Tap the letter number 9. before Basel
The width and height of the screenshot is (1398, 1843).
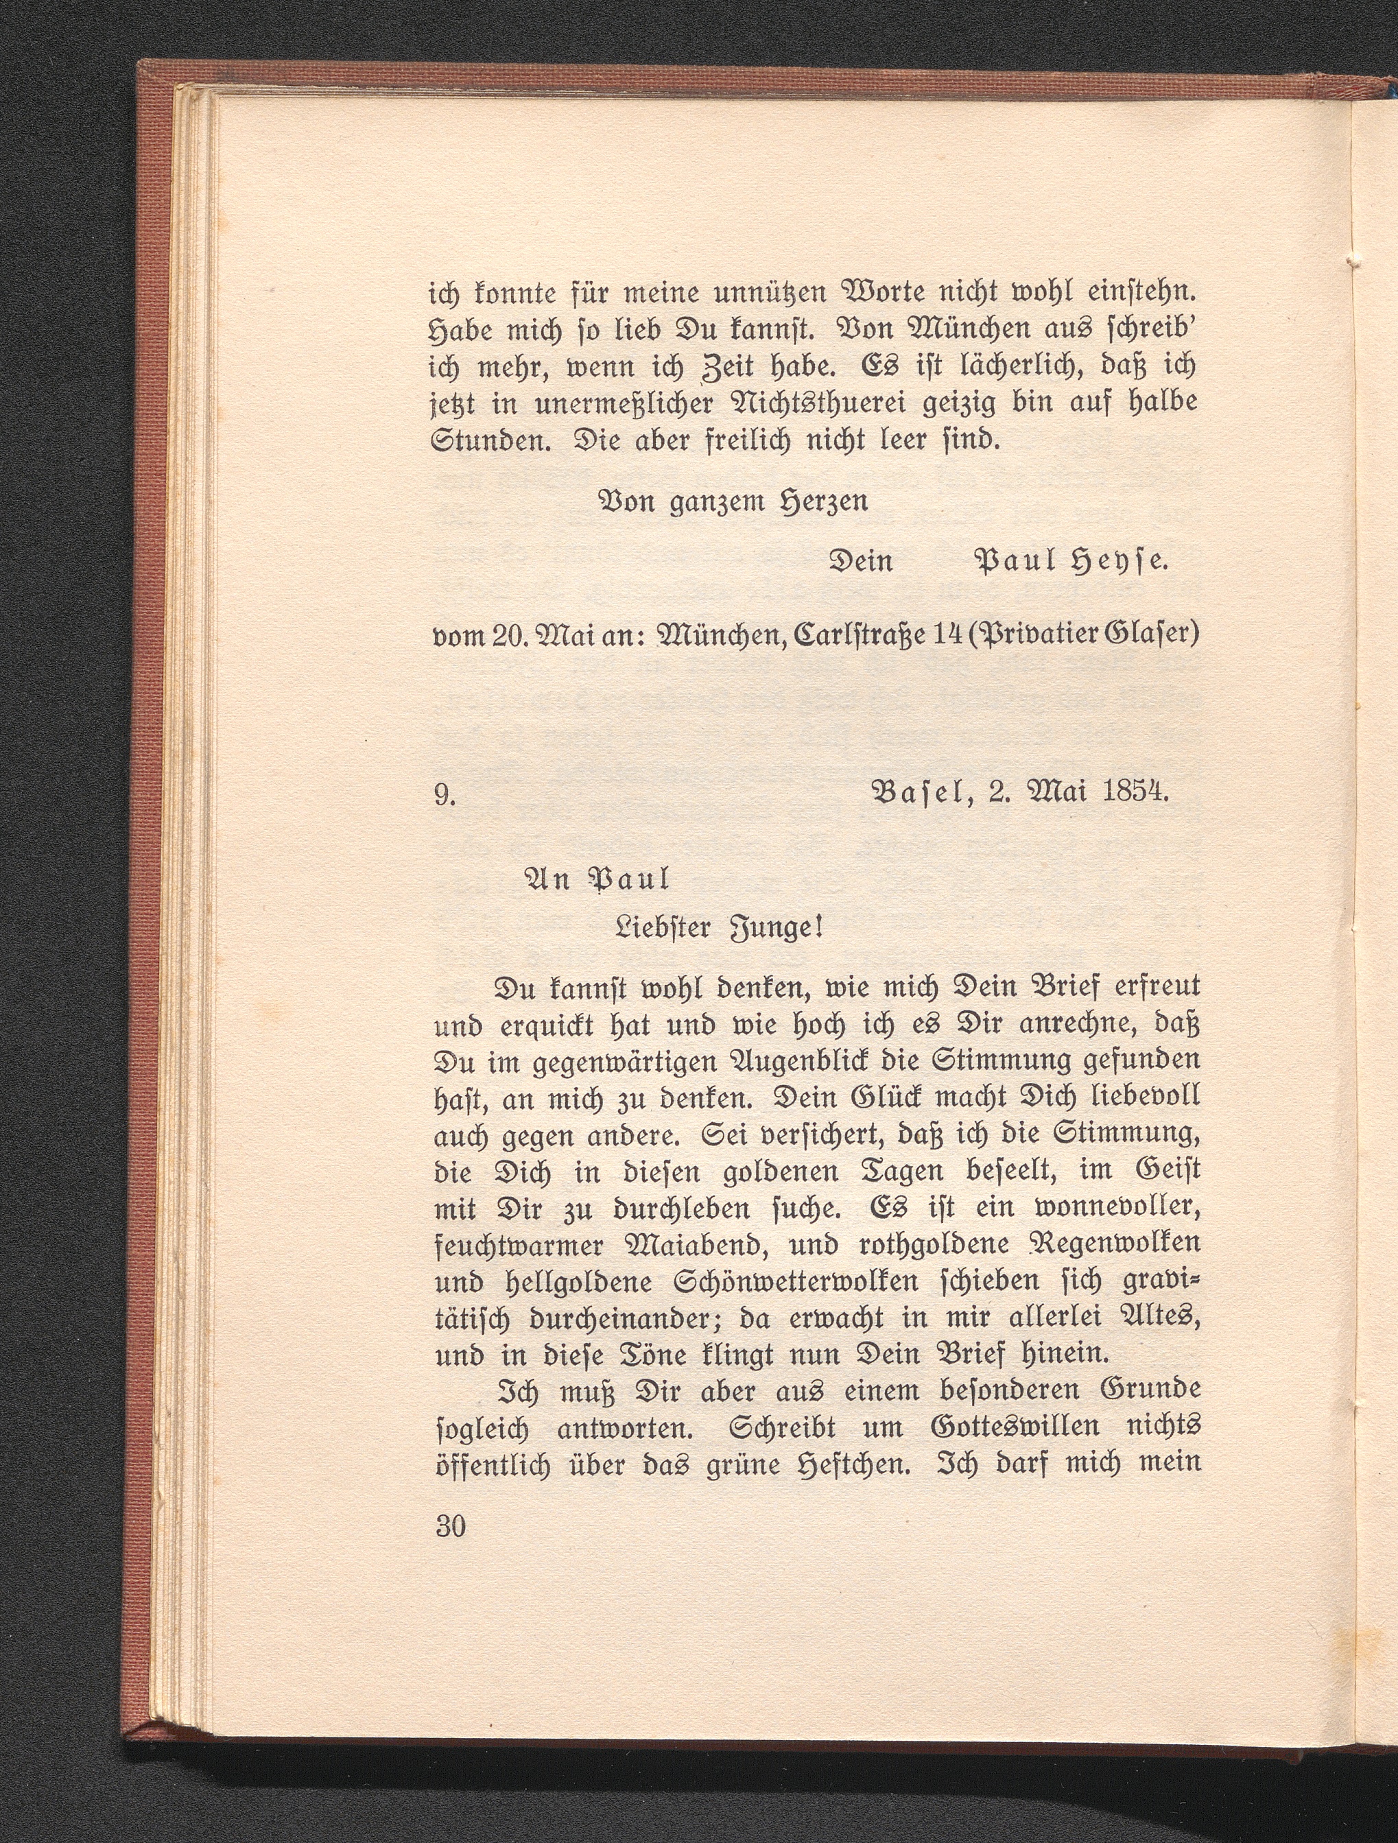pos(444,796)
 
